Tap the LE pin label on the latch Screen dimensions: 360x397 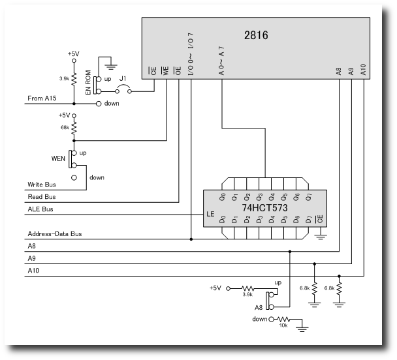click(x=210, y=213)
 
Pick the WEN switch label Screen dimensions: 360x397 click(x=59, y=158)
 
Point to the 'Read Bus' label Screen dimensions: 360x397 click(x=42, y=197)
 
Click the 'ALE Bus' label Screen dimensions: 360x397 click(x=40, y=209)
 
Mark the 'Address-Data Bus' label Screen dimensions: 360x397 click(x=54, y=233)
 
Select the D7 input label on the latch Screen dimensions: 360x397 click(x=308, y=220)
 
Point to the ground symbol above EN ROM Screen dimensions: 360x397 click(x=112, y=64)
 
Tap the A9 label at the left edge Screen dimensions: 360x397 click(x=32, y=258)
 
